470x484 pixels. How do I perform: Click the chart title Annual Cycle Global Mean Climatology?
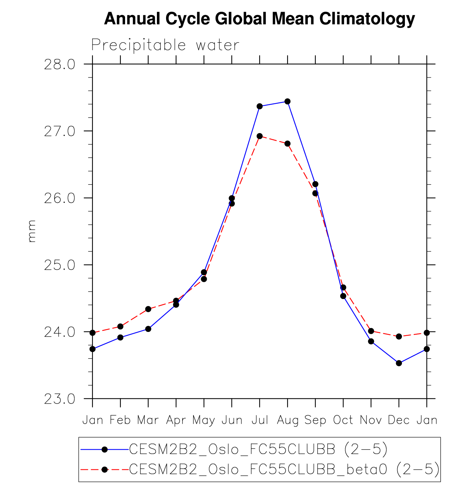point(259,19)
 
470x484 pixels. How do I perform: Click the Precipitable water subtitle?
point(165,45)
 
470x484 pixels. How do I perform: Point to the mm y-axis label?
point(32,231)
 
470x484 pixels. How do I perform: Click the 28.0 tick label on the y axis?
point(60,64)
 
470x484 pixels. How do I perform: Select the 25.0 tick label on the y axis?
point(60,265)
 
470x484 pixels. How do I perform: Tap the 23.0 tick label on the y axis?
point(60,399)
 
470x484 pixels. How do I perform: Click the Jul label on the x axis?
point(260,420)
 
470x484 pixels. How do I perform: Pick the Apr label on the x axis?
point(176,420)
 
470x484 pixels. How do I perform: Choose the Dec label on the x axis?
point(399,420)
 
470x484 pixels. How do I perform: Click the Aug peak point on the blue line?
point(287,101)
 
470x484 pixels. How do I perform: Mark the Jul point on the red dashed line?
point(260,136)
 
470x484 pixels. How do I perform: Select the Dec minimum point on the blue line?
point(399,363)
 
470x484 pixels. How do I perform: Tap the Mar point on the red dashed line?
point(148,309)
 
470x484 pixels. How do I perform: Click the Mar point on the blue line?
point(148,329)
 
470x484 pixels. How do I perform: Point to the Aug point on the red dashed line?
point(287,144)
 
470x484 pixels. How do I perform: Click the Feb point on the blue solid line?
point(120,337)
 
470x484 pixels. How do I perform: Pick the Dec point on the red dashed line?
point(399,336)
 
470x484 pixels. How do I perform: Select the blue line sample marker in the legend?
point(105,449)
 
